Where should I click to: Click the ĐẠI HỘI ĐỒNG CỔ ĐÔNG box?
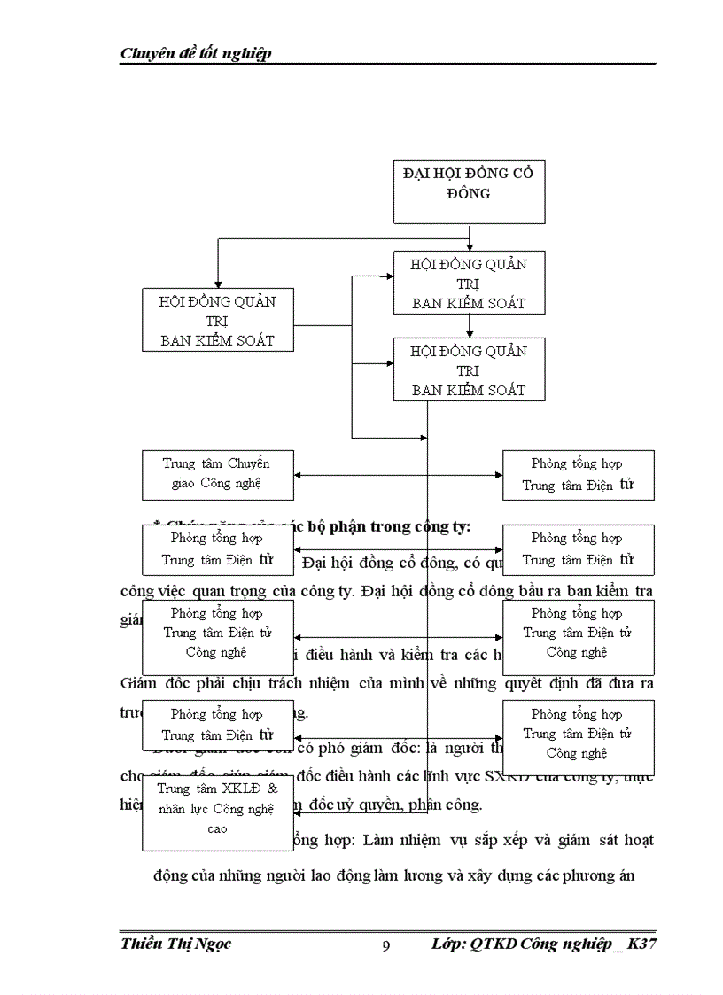[x=469, y=192]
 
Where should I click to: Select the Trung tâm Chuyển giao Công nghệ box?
[x=217, y=474]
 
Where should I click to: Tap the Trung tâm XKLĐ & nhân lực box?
[x=217, y=808]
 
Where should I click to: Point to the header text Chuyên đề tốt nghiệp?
[x=196, y=53]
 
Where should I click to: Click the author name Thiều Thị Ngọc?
[x=175, y=944]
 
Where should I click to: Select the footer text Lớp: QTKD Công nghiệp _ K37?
[x=544, y=944]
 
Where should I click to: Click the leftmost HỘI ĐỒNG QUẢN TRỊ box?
[x=217, y=320]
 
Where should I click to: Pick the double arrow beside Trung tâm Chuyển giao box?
[x=398, y=476]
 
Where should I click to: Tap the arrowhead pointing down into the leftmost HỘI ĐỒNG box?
[x=217, y=281]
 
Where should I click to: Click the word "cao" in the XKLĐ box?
[x=217, y=828]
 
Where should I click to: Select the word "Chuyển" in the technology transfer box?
[x=249, y=463]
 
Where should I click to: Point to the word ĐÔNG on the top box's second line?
[x=469, y=192]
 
